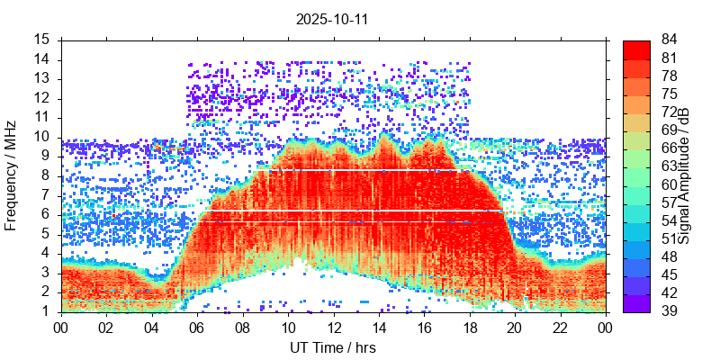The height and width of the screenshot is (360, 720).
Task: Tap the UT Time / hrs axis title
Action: (x=333, y=347)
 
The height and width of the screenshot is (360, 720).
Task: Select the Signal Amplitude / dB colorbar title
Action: (x=684, y=175)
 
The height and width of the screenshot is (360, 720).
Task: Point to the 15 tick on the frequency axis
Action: (x=42, y=40)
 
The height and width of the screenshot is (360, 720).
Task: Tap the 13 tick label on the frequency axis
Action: (x=42, y=78)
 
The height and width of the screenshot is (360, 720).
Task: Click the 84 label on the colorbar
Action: (x=670, y=40)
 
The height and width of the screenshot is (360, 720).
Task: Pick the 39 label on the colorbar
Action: (x=670, y=310)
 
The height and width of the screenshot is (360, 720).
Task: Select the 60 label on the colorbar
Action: (x=670, y=184)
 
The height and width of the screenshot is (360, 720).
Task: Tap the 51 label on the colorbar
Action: (x=670, y=238)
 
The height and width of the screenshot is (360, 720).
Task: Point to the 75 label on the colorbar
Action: (x=670, y=94)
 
